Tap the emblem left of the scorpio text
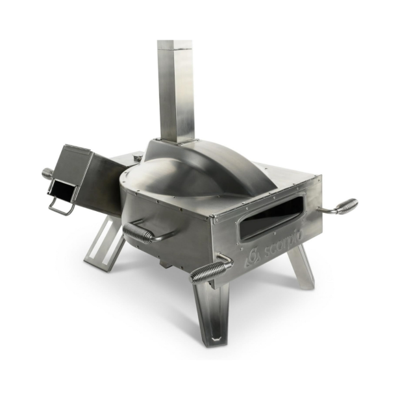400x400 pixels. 253,257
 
